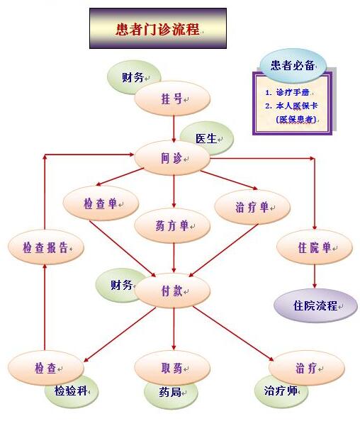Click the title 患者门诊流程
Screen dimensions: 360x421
pyautogui.click(x=158, y=28)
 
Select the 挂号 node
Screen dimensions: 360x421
pyautogui.click(x=172, y=99)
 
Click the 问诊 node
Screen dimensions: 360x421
pyautogui.click(x=172, y=158)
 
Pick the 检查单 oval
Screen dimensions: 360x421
pyautogui.click(x=101, y=203)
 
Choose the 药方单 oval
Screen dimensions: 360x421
pyautogui.click(x=172, y=225)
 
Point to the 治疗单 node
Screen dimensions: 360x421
pyautogui.click(x=252, y=207)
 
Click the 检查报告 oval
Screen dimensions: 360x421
pyautogui.click(x=46, y=247)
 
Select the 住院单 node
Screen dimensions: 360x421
pyautogui.click(x=315, y=247)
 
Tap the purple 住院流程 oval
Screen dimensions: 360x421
pyautogui.click(x=315, y=305)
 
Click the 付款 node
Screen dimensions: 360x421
pyautogui.click(x=172, y=291)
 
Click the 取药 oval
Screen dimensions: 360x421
pyautogui.click(x=172, y=368)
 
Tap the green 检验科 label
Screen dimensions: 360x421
pyautogui.click(x=71, y=391)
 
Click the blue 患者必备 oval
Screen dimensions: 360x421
pyautogui.click(x=293, y=65)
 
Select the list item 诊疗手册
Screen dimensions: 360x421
pyautogui.click(x=293, y=92)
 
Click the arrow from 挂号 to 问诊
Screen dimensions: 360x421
pyautogui.click(x=174, y=129)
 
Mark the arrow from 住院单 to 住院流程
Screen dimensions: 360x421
pyautogui.click(x=315, y=276)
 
